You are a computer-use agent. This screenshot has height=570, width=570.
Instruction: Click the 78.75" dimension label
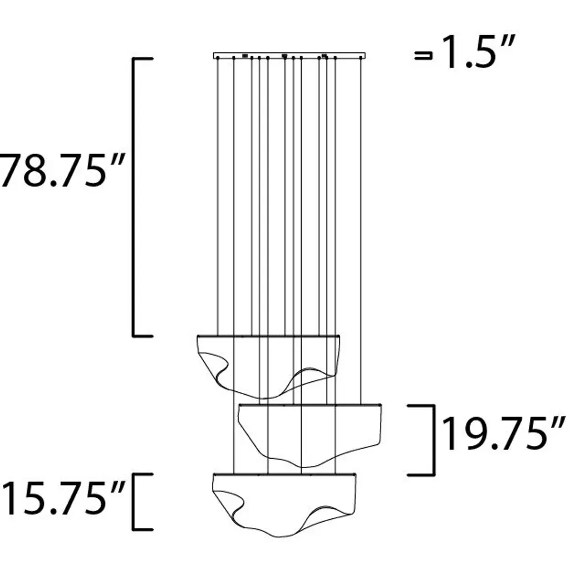pos(62,170)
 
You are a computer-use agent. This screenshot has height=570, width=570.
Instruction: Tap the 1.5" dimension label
pos(477,52)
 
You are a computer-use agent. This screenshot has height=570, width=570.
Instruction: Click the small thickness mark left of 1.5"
pos(424,56)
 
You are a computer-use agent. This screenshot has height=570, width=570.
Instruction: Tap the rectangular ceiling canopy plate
pos(289,56)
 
